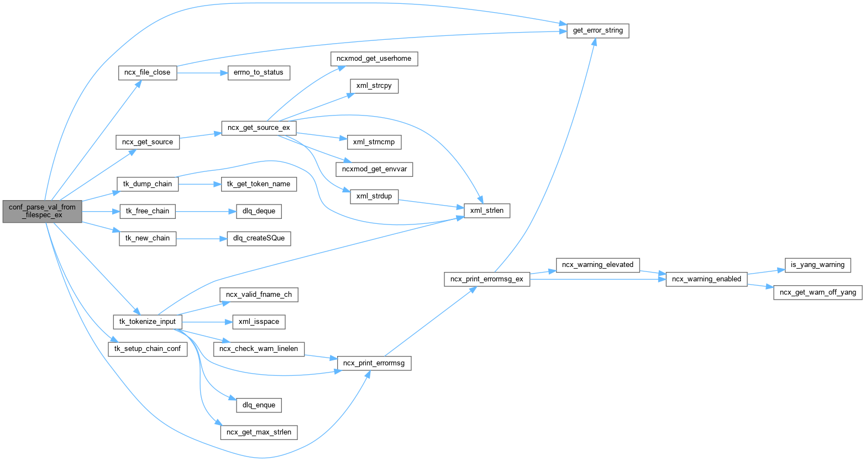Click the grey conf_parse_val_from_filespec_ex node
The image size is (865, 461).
42,211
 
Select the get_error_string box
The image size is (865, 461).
597,30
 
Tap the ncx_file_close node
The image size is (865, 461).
148,72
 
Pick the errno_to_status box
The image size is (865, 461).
259,72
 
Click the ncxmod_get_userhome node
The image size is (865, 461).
374,59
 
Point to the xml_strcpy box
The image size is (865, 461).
374,86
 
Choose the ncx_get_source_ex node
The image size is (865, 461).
259,128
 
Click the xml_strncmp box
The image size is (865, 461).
373,142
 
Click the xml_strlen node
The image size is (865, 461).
486,211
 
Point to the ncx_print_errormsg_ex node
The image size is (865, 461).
487,279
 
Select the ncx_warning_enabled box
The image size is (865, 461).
706,279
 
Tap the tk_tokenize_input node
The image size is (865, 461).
148,322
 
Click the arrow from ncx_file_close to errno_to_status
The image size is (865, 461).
202,72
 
